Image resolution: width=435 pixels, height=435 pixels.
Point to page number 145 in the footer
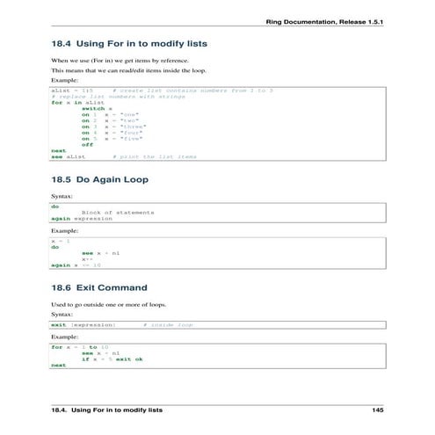click(378, 410)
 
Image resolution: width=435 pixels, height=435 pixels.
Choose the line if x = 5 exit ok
click(112, 359)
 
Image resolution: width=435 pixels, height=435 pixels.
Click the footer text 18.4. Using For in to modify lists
click(106, 410)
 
